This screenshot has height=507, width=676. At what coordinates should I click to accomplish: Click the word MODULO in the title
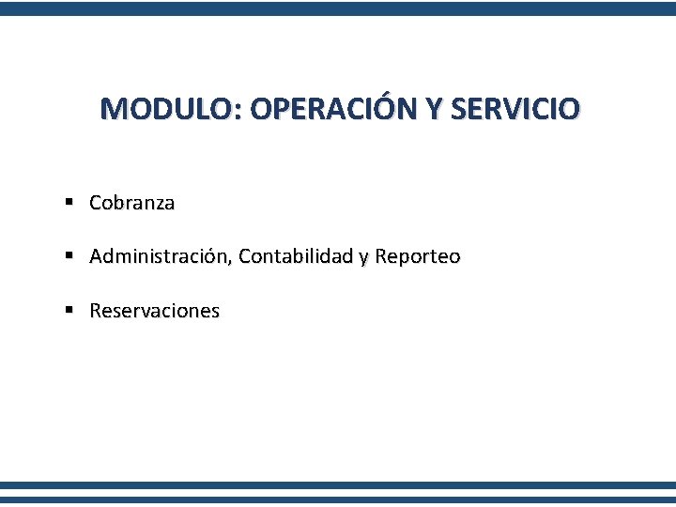(167, 109)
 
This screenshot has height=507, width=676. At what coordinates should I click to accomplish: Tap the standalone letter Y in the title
(433, 109)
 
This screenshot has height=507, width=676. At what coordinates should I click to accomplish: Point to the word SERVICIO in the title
(515, 109)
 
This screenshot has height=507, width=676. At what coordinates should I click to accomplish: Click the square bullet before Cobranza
(70, 202)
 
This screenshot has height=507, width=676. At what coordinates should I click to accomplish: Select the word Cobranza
(131, 203)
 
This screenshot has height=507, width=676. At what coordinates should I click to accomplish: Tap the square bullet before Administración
(70, 255)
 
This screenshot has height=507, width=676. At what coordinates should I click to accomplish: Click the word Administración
(161, 256)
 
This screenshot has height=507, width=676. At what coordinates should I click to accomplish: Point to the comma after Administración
(234, 262)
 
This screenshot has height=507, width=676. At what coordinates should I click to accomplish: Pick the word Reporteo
(417, 257)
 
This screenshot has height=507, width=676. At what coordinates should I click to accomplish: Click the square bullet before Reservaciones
(70, 310)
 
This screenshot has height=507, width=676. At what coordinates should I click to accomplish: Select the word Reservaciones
(154, 311)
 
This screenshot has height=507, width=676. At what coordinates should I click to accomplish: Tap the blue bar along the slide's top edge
(338, 8)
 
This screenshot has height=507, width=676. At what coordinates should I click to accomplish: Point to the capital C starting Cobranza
(96, 203)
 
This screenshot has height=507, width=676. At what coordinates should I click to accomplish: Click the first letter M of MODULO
(113, 109)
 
